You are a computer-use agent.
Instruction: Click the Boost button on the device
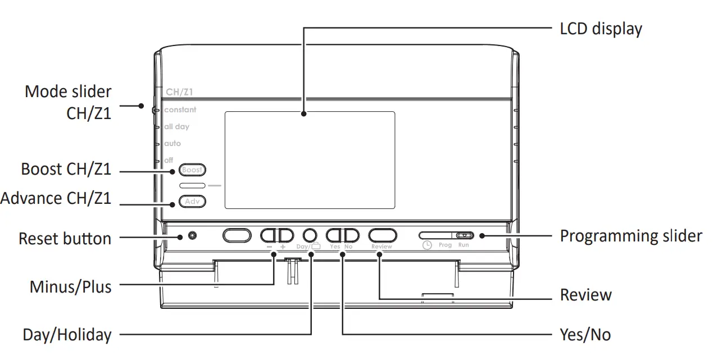point(192,170)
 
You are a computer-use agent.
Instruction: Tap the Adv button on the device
point(192,200)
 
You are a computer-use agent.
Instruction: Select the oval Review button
point(382,235)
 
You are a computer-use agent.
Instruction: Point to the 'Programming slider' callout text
point(630,236)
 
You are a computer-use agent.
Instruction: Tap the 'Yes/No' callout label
point(585,335)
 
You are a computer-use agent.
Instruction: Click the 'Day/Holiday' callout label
point(67,336)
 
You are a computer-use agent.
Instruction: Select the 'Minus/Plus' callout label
point(70,286)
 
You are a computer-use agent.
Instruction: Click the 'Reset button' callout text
point(65,238)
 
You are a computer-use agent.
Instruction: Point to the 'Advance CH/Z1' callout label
point(56,198)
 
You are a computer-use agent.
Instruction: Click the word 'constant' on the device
point(180,110)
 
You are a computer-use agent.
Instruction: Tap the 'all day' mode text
point(177,127)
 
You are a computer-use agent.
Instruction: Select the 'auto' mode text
point(172,144)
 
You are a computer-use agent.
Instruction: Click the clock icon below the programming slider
point(427,245)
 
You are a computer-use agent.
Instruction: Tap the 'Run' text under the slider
point(464,245)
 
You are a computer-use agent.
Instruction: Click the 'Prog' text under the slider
point(445,245)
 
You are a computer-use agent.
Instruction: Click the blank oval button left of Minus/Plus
point(237,235)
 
